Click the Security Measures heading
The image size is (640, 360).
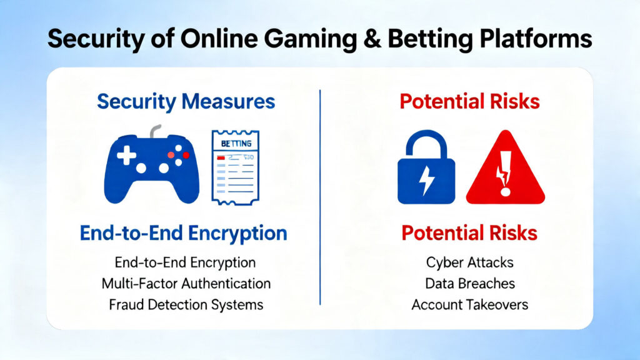pyautogui.click(x=186, y=101)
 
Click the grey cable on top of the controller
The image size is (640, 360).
pyautogui.click(x=157, y=131)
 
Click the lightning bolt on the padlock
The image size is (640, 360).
pyautogui.click(x=427, y=181)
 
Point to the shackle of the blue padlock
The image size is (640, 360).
pyautogui.click(x=427, y=144)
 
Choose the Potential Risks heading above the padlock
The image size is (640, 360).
pyautogui.click(x=470, y=101)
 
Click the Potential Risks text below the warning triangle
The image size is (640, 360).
pyautogui.click(x=469, y=233)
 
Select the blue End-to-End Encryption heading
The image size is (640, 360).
pyautogui.click(x=184, y=233)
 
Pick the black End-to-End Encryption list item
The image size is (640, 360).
pyautogui.click(x=186, y=262)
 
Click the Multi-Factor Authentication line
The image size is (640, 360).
pyautogui.click(x=186, y=283)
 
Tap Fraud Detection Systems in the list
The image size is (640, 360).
pyautogui.click(x=186, y=304)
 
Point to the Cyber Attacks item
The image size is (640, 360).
pyautogui.click(x=470, y=262)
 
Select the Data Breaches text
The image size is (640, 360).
pyautogui.click(x=470, y=283)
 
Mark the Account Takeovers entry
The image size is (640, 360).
pyautogui.click(x=470, y=304)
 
